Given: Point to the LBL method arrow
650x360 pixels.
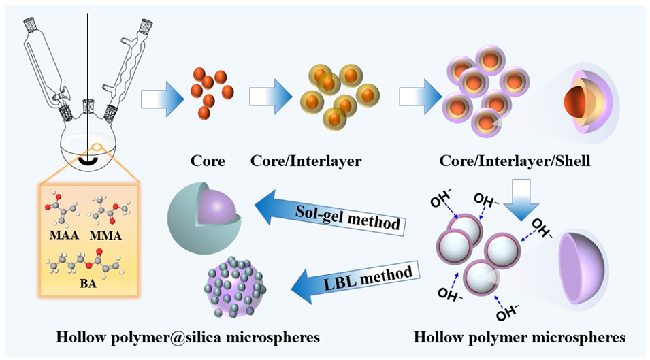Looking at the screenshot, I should point(340,276).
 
